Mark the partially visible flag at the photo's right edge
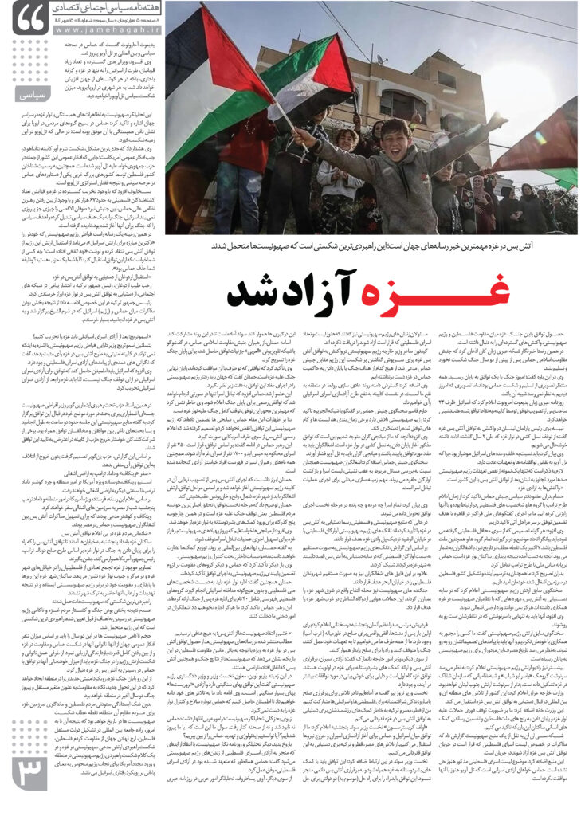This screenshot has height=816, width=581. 561,143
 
